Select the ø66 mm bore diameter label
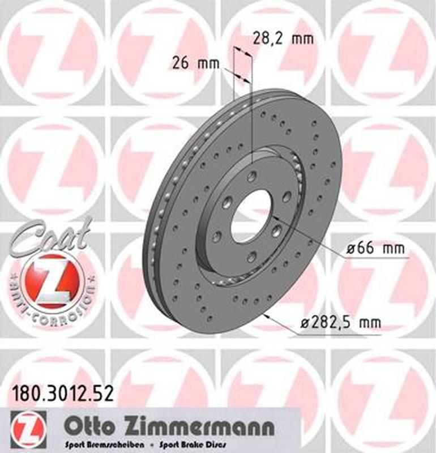click(369, 247)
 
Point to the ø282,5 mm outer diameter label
click(340, 323)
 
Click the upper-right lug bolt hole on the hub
click(287, 196)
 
